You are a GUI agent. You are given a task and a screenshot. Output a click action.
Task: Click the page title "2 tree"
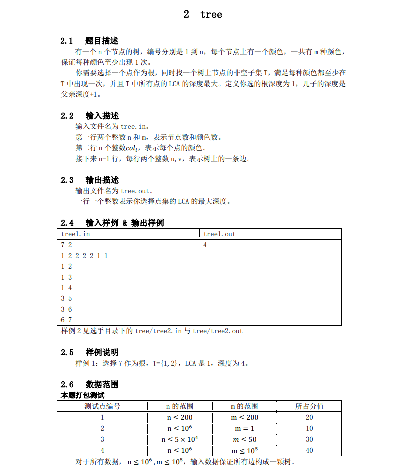tap(203, 15)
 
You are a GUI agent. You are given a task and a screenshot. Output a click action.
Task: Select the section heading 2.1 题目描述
tap(89, 41)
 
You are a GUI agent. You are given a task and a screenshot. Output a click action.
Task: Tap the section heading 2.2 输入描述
tap(89, 116)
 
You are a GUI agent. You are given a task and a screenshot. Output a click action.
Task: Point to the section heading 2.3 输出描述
tap(89, 180)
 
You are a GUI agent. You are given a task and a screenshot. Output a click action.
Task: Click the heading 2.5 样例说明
tap(89, 352)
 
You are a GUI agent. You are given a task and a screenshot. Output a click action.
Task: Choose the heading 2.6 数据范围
tap(89, 384)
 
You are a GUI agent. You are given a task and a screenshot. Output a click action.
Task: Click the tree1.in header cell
tap(76, 234)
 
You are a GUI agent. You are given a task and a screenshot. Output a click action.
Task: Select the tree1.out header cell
tap(219, 234)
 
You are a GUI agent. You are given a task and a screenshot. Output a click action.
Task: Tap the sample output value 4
tap(205, 245)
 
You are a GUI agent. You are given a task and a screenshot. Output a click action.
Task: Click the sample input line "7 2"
tap(66, 245)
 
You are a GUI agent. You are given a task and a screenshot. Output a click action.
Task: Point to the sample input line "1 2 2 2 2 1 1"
tap(84, 256)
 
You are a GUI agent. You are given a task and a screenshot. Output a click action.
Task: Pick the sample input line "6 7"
tap(66, 320)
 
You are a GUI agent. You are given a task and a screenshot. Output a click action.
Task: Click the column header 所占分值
tap(309, 406)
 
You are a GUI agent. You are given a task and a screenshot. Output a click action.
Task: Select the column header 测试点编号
tap(102, 406)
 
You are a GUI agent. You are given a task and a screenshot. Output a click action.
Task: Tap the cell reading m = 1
tap(244, 428)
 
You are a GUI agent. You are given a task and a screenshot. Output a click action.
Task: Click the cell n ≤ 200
tap(180, 417)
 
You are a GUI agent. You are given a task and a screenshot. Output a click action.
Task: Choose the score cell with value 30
tap(309, 439)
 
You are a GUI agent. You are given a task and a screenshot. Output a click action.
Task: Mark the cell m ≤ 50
tap(244, 439)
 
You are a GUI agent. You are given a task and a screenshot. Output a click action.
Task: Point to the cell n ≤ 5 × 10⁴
tap(180, 439)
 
